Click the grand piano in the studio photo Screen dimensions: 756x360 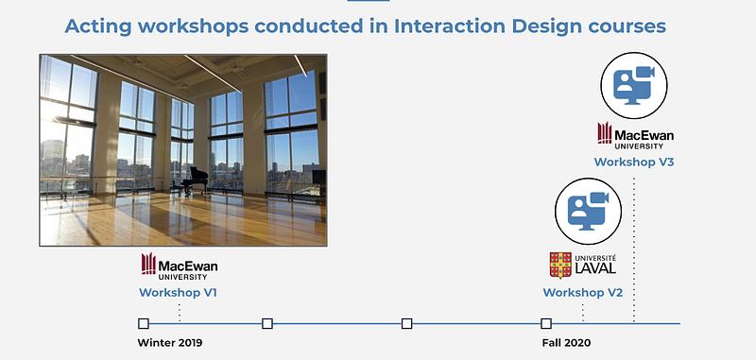(x=195, y=180)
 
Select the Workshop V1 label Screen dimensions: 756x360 (x=178, y=293)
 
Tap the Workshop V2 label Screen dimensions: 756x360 (x=583, y=293)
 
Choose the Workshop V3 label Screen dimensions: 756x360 (x=633, y=162)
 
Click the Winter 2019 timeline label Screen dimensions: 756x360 (x=170, y=343)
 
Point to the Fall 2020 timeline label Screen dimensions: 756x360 (x=566, y=343)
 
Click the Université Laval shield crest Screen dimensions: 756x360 (x=560, y=266)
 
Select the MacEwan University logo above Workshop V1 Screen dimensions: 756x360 (x=180, y=266)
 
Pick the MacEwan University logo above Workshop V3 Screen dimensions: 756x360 (x=635, y=135)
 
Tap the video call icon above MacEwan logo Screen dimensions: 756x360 (x=633, y=85)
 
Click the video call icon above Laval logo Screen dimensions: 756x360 (x=588, y=211)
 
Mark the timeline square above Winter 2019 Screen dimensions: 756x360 (x=144, y=323)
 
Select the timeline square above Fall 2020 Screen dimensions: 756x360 (x=546, y=323)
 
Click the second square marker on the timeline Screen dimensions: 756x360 (x=267, y=323)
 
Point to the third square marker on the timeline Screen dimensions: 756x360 (x=406, y=323)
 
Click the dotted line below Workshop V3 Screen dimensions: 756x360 (x=633, y=249)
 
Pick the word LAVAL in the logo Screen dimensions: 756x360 (x=594, y=268)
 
